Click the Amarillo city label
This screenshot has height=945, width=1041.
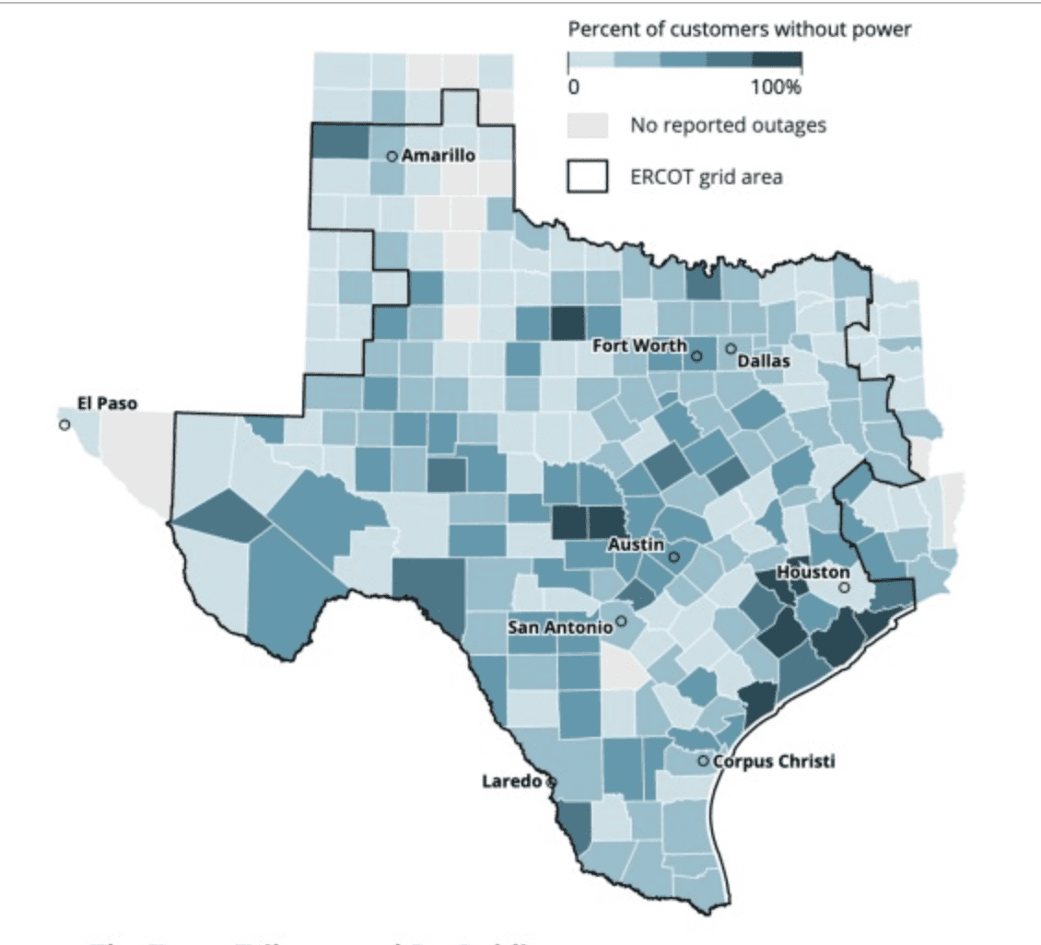tap(439, 156)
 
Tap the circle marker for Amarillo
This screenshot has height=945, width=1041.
tap(392, 157)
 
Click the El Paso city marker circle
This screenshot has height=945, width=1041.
tap(64, 425)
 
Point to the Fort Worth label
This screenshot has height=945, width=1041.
tap(638, 345)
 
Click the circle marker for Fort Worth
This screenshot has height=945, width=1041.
tap(696, 356)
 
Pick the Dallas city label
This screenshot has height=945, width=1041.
tap(764, 361)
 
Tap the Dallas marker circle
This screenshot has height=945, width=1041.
tap(731, 349)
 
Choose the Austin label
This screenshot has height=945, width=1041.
tap(637, 545)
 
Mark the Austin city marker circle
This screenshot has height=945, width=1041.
tap(673, 557)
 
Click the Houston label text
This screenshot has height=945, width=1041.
tap(813, 572)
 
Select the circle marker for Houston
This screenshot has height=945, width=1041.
tap(844, 587)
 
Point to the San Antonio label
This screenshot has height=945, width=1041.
tap(560, 627)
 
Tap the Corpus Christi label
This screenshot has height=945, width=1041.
tap(774, 761)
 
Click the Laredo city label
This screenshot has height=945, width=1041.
tap(512, 782)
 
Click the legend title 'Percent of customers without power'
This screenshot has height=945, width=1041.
tap(740, 29)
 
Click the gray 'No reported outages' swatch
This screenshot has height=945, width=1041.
tap(587, 125)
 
